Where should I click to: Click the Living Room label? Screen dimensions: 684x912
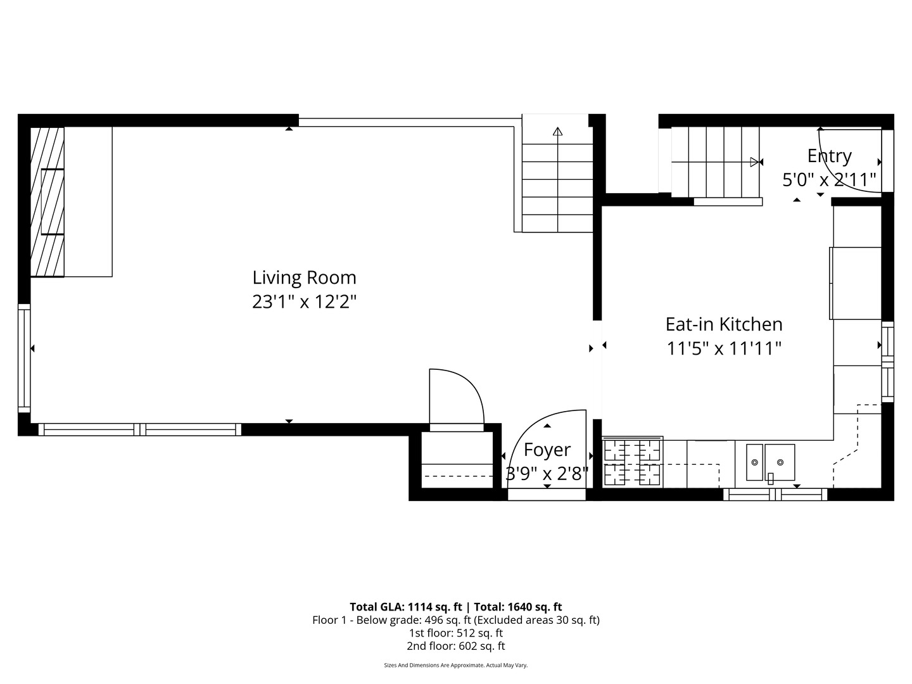(304, 277)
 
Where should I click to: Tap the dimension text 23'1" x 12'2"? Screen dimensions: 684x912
(304, 301)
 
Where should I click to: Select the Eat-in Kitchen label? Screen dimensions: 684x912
(724, 324)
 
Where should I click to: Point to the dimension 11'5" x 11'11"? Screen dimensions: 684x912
(724, 348)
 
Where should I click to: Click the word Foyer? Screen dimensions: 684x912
(547, 450)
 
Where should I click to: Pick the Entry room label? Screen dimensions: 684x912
(829, 156)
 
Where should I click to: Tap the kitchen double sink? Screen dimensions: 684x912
(770, 463)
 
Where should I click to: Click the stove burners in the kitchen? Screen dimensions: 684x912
(632, 462)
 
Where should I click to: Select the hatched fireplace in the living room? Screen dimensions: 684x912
(48, 202)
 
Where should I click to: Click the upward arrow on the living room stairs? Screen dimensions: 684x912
(557, 132)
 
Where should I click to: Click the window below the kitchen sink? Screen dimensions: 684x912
(775, 495)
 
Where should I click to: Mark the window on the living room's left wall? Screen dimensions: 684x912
(24, 358)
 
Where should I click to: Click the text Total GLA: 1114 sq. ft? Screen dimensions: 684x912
(405, 607)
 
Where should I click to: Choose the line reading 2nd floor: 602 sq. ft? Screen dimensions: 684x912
(455, 646)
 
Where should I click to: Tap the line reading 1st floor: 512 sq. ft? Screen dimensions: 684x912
(455, 633)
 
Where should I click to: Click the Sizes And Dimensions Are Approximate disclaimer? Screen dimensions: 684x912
(455, 666)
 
